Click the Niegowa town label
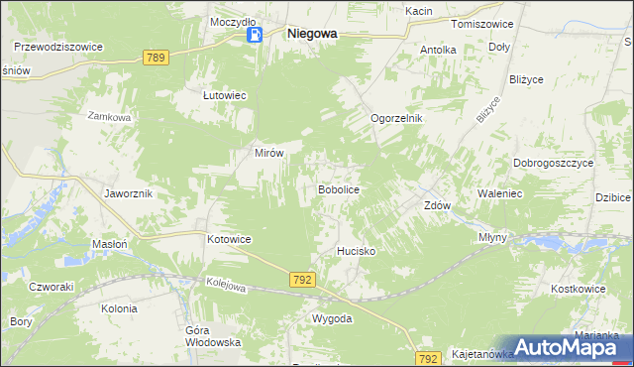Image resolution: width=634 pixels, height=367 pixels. [x=311, y=33]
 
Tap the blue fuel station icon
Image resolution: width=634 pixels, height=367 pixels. [x=255, y=36]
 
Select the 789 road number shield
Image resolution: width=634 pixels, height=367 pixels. [x=154, y=59]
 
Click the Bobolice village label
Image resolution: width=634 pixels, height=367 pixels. [x=337, y=188]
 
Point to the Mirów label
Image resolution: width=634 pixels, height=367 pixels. [x=269, y=154]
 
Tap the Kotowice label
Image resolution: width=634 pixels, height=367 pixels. [x=229, y=240]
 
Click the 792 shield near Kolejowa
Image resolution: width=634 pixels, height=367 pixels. [x=303, y=281]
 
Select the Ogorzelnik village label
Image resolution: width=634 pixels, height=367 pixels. [x=396, y=118]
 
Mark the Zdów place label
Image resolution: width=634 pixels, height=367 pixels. [x=437, y=206]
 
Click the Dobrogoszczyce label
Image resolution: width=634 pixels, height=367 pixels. [x=553, y=163]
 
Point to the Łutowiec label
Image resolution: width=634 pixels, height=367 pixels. [x=224, y=95]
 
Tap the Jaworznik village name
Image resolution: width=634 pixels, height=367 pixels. [x=128, y=193]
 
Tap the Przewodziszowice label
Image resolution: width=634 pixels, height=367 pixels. [x=58, y=46]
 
